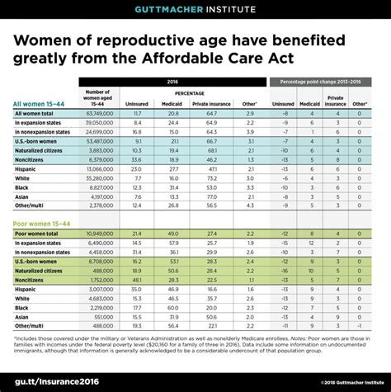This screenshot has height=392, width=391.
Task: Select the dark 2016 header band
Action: click(x=173, y=83)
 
